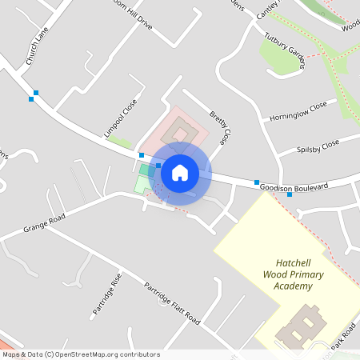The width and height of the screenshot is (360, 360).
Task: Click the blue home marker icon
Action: click(x=180, y=172)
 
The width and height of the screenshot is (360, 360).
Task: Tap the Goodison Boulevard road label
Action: click(x=294, y=186)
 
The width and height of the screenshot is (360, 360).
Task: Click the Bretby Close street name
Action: click(x=219, y=126)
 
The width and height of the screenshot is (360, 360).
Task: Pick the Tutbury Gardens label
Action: click(x=286, y=50)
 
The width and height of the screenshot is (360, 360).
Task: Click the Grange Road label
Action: click(x=44, y=220)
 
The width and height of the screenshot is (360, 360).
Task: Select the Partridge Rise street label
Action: click(x=106, y=294)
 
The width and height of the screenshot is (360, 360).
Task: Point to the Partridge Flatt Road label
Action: click(x=172, y=302)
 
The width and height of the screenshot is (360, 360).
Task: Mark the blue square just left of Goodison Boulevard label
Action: click(x=257, y=183)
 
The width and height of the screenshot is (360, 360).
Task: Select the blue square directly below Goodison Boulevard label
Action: click(x=290, y=194)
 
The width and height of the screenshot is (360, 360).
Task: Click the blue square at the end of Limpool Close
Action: click(x=142, y=155)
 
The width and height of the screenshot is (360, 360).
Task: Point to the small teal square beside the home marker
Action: click(x=146, y=170)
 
